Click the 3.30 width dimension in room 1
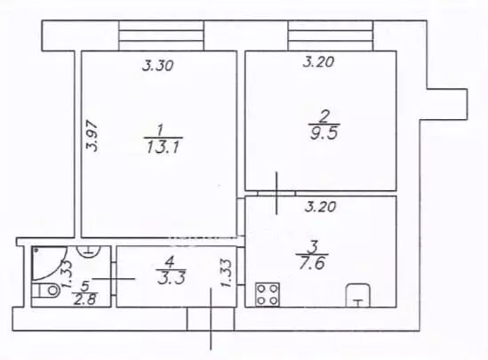pyautogui.click(x=158, y=66)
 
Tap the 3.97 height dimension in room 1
pyautogui.click(x=92, y=136)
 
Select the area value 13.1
pyautogui.click(x=163, y=148)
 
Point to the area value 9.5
pyautogui.click(x=324, y=133)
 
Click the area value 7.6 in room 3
pyautogui.click(x=312, y=263)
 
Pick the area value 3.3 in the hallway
pyautogui.click(x=172, y=278)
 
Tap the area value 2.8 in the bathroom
pyautogui.click(x=85, y=300)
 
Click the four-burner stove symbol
pyautogui.click(x=268, y=294)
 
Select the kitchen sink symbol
pyautogui.click(x=358, y=295)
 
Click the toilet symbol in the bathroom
pyautogui.click(x=45, y=291)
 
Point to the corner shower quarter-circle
pyautogui.click(x=49, y=263)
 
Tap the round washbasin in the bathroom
pyautogui.click(x=89, y=251)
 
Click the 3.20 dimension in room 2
pyautogui.click(x=319, y=61)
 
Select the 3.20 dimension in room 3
pyautogui.click(x=320, y=206)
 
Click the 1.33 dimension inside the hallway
pyautogui.click(x=227, y=273)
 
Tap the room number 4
pyautogui.click(x=170, y=263)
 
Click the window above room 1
pyautogui.click(x=161, y=36)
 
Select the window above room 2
pyautogui.click(x=331, y=36)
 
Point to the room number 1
pyautogui.click(x=160, y=130)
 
